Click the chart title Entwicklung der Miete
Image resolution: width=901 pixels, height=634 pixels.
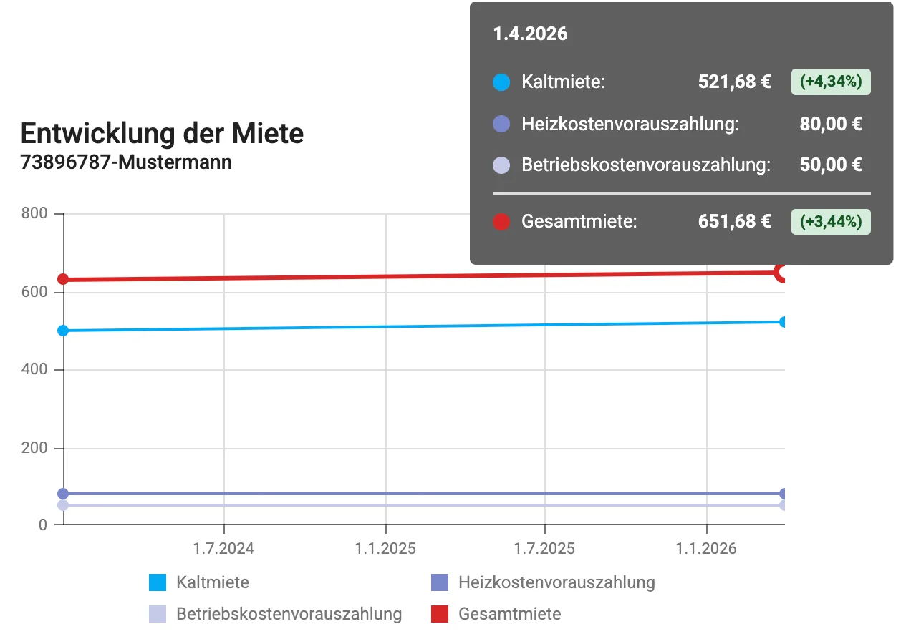(162, 134)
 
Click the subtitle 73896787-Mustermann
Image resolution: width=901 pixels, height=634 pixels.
(126, 162)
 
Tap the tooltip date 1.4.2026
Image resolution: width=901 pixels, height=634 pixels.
(530, 34)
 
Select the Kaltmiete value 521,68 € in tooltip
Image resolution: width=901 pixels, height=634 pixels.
(734, 82)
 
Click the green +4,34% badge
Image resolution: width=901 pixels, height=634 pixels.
(830, 82)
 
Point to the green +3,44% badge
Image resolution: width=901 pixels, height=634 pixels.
(830, 221)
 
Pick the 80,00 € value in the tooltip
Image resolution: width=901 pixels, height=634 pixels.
(830, 124)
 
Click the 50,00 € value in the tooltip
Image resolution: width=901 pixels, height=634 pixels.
(830, 165)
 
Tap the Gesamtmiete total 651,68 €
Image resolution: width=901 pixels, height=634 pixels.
(734, 221)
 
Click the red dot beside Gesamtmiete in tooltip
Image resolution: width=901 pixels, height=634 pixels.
(501, 222)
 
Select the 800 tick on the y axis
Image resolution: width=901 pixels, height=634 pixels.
(34, 214)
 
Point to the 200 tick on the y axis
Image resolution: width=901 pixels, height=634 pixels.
(34, 449)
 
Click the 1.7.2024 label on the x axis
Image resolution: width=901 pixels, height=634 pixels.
(224, 550)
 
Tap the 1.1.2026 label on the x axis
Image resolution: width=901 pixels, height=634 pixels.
(706, 550)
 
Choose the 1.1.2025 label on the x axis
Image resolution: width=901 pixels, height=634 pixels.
(385, 550)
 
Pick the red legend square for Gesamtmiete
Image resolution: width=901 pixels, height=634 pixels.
(440, 614)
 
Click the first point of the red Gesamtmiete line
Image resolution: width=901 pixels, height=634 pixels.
(63, 279)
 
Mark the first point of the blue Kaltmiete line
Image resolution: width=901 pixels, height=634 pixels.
(63, 331)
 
